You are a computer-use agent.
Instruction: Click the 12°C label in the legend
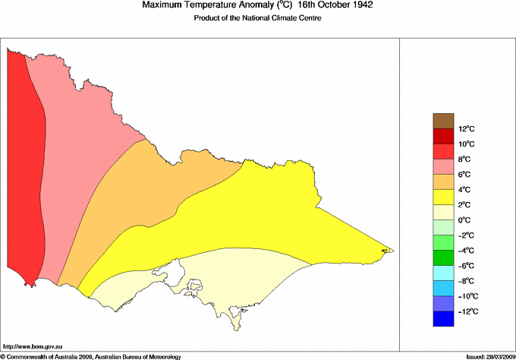point(445,128)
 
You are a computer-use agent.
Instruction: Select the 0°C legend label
point(445,219)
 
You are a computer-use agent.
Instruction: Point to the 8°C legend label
point(445,159)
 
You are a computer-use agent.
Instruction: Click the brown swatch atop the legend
point(444,120)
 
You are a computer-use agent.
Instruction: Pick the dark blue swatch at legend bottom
point(444,319)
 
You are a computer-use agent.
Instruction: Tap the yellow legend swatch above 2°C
point(444,197)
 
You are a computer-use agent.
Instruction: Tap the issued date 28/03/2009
point(496,355)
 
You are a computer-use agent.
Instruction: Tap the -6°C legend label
point(445,265)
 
